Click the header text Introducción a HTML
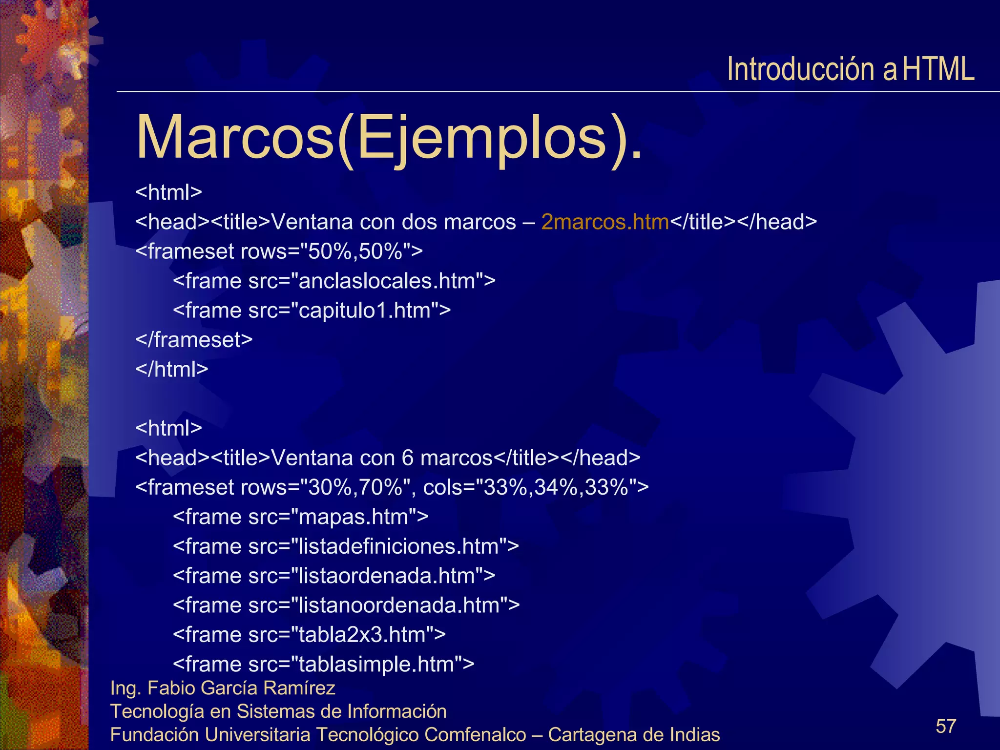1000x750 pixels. click(x=850, y=69)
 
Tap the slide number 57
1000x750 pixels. click(x=946, y=726)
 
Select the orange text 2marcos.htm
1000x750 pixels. click(x=605, y=222)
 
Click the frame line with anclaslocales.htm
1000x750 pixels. click(x=334, y=281)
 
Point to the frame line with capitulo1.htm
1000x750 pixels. click(x=312, y=311)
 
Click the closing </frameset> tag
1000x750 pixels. click(x=194, y=340)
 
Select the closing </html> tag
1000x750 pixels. click(x=172, y=370)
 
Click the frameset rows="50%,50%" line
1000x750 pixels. click(x=279, y=251)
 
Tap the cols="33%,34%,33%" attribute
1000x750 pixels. click(x=536, y=487)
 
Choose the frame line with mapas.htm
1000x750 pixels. click(x=300, y=517)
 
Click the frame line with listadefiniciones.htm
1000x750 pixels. click(x=346, y=546)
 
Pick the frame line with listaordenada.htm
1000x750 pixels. click(x=334, y=576)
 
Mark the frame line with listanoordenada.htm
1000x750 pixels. click(x=346, y=605)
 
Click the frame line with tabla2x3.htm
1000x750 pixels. click(x=309, y=635)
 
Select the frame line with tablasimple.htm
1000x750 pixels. click(x=323, y=664)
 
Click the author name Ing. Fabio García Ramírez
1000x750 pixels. click(x=223, y=688)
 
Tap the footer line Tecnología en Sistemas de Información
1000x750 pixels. click(x=278, y=711)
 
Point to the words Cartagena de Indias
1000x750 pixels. click(x=634, y=735)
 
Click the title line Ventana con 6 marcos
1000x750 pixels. click(x=388, y=458)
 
